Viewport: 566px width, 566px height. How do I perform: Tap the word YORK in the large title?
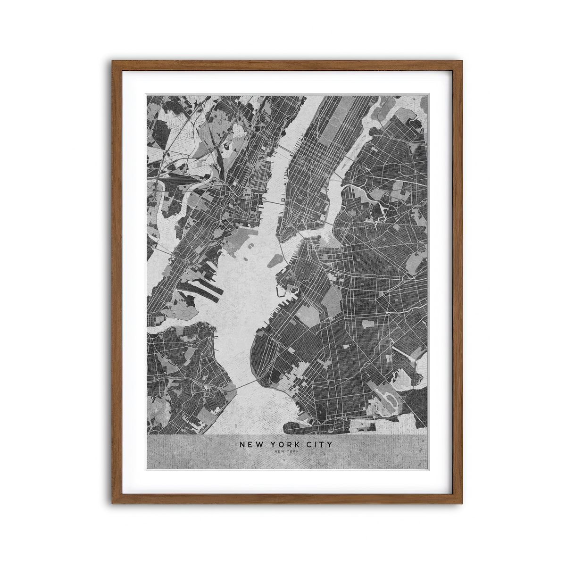(288, 444)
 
